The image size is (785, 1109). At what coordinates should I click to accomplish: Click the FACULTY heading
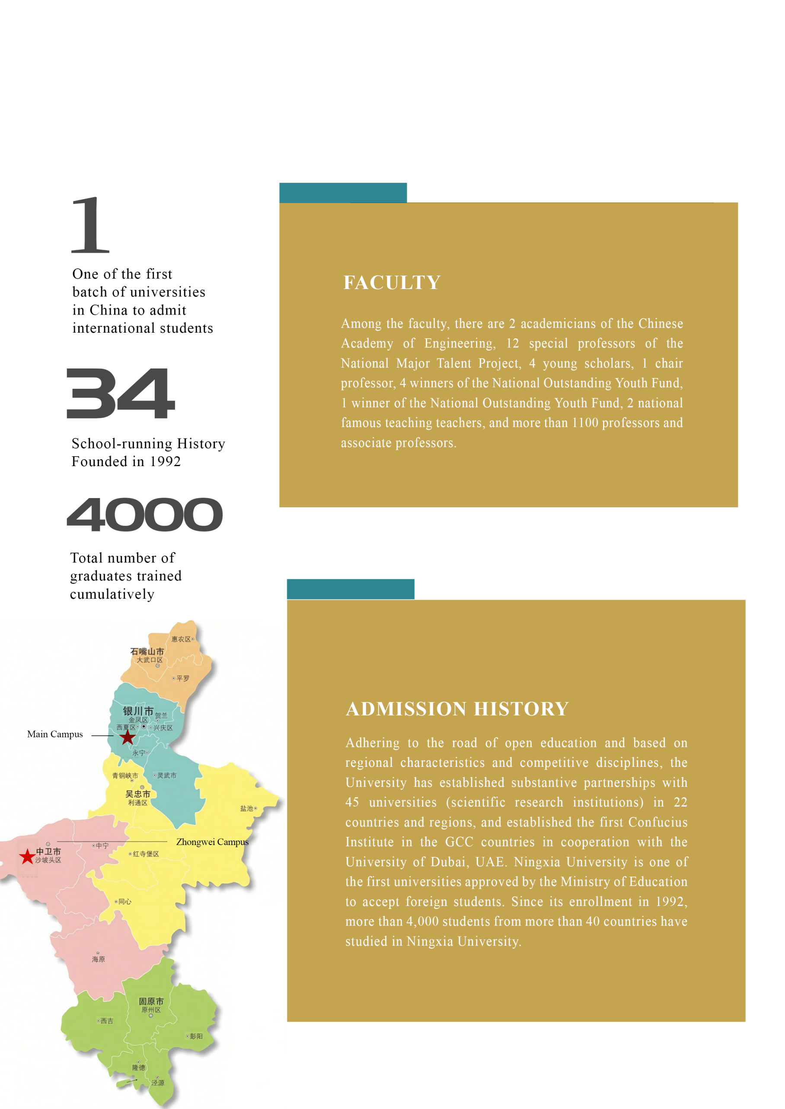392,283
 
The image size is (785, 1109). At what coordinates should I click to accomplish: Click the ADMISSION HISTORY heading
457,709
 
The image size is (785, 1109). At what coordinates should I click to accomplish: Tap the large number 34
120,393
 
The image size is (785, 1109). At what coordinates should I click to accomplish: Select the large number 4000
144,515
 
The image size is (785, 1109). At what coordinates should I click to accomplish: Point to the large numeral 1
91,225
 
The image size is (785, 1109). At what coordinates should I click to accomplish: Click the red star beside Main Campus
127,737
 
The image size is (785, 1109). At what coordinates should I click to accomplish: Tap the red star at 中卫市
27,856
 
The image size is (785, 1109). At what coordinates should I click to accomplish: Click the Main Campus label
55,734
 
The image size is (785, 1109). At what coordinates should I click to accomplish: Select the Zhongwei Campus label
212,842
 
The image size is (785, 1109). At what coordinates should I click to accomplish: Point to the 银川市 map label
138,711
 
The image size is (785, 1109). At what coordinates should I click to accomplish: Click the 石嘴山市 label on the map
147,651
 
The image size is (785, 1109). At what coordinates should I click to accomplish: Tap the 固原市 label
151,1001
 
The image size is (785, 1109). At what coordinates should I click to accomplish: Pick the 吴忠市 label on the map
138,794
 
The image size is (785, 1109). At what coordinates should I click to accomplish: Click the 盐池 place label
246,808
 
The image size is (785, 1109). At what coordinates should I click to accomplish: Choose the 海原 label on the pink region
98,959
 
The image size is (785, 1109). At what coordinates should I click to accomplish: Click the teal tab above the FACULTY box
343,192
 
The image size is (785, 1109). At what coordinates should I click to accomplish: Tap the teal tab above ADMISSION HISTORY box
351,589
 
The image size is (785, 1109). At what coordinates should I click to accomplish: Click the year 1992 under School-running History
165,462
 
